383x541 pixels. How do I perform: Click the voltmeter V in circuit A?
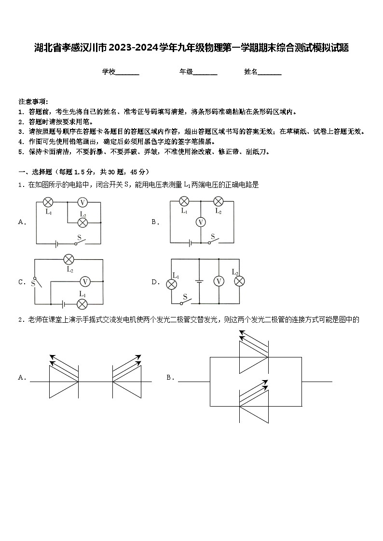(x=82, y=202)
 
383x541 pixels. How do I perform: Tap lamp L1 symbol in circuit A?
(x=48, y=202)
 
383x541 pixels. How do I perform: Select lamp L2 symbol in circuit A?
(x=82, y=222)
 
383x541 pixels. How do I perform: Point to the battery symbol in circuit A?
(x=56, y=244)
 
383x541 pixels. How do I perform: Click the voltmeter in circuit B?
(x=201, y=222)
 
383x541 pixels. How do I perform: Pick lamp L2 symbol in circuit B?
(x=218, y=201)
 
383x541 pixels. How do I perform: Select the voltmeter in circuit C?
(x=85, y=281)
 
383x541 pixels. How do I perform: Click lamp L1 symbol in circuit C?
(x=82, y=303)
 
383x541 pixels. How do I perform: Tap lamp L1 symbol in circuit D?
(x=171, y=284)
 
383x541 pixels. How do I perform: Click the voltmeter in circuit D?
(x=219, y=281)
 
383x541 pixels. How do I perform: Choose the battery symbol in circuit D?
(x=199, y=281)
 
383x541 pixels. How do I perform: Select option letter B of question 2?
(x=170, y=378)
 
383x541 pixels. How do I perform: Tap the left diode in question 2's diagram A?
(x=64, y=381)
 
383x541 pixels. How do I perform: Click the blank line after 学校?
(x=127, y=73)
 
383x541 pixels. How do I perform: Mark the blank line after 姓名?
(x=270, y=73)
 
